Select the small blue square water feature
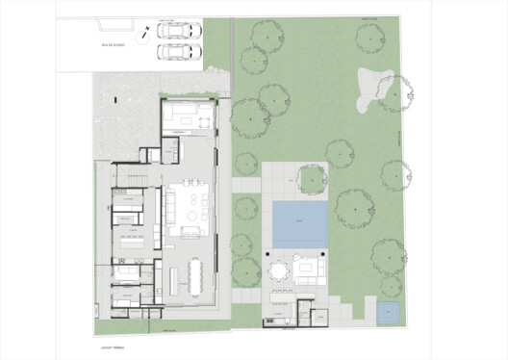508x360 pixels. [x=387, y=312]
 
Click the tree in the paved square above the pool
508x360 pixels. [x=313, y=180]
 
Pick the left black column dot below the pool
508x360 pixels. [x=266, y=251]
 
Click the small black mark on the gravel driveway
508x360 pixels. [x=115, y=98]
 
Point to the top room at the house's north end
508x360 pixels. [x=189, y=116]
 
